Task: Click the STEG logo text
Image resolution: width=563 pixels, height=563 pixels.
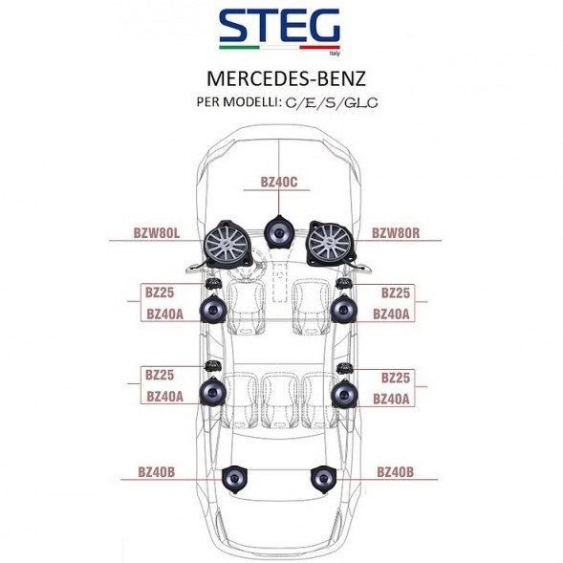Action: point(279,25)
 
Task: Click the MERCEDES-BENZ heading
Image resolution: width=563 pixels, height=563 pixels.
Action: point(286,78)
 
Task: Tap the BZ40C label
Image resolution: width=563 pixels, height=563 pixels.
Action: point(279,182)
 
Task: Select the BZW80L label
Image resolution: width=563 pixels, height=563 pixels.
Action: point(157,233)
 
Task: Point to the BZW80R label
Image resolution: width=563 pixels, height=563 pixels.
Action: point(396,233)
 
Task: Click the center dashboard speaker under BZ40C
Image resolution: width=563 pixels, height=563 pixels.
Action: point(279,232)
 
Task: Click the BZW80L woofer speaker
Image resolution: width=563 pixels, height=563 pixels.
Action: point(227,244)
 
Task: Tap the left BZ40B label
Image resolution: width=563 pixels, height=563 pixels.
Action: point(157,472)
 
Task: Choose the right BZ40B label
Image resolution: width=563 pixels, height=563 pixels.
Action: point(396,472)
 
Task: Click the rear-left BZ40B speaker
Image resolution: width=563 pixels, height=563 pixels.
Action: point(234,479)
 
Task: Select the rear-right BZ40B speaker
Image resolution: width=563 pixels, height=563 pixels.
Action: point(323,479)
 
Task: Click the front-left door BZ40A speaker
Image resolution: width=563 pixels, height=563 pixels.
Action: point(213,309)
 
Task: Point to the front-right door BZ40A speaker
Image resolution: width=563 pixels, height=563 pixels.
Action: point(344,309)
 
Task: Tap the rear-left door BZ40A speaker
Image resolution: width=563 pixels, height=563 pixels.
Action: point(213,392)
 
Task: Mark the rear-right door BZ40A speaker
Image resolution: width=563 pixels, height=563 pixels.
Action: point(344,394)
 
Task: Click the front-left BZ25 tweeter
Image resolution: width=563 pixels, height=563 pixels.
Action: point(212,283)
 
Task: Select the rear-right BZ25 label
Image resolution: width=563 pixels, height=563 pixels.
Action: point(396,378)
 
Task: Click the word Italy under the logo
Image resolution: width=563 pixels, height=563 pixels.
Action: point(335,54)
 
